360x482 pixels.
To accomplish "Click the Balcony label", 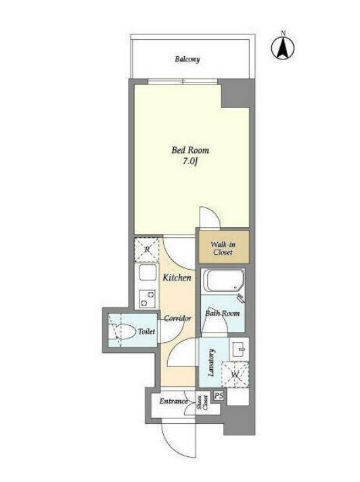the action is click(x=187, y=59).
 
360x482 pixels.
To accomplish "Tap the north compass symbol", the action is click(x=283, y=48).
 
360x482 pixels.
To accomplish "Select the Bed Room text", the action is click(x=190, y=150).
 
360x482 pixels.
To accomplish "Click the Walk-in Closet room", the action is click(x=223, y=248).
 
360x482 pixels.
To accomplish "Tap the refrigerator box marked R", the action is click(x=147, y=249).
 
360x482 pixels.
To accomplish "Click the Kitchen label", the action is click(x=177, y=278).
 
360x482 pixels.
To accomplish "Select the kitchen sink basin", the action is click(x=148, y=272).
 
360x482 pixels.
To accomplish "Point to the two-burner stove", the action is click(x=148, y=299).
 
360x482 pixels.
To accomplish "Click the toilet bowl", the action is click(x=125, y=331).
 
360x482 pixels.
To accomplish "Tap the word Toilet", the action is click(x=146, y=331).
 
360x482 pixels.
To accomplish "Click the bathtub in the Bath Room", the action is click(x=223, y=281).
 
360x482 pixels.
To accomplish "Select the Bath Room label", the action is click(x=222, y=313).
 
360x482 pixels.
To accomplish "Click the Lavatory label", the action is click(x=211, y=362).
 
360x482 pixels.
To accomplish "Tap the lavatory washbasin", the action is click(x=239, y=349).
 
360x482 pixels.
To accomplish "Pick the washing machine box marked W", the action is click(x=235, y=375).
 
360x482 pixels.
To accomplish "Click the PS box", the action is click(x=219, y=395).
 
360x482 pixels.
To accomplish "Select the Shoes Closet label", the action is click(x=202, y=403).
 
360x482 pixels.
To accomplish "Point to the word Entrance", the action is click(x=173, y=401).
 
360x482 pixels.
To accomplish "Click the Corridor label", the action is click(x=177, y=318).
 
